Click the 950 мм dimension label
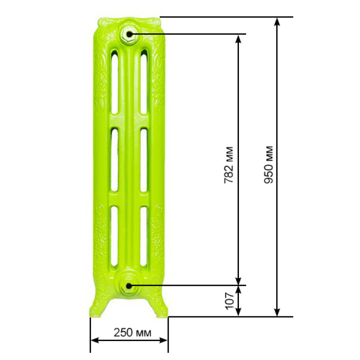point(269,164)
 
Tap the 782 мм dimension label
point(229,164)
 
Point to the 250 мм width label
point(132,332)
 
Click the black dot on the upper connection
point(130,35)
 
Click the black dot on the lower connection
point(129,286)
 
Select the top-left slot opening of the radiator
point(115,82)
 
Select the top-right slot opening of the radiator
point(144,82)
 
